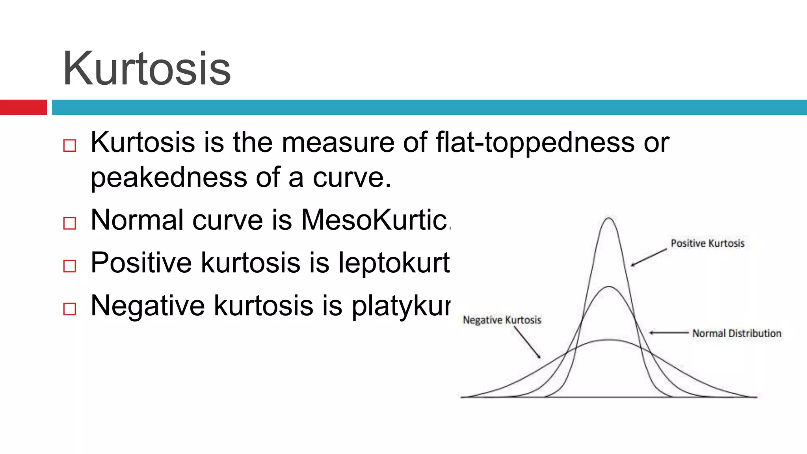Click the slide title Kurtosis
[x=147, y=69]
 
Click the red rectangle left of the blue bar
[x=23, y=107]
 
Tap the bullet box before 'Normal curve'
[x=70, y=223]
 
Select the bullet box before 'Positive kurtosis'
[x=70, y=266]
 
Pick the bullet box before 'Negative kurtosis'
[x=70, y=309]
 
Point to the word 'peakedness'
[x=169, y=178]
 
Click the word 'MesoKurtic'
[x=374, y=220]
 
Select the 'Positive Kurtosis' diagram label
[x=707, y=243]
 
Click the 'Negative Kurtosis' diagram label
[x=502, y=320]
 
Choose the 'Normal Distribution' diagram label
[x=736, y=333]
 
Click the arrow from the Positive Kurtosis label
[x=649, y=257]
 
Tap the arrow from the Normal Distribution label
[x=669, y=333]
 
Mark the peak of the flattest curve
[x=609, y=340]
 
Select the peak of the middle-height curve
[x=609, y=287]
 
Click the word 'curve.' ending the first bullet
[x=351, y=178]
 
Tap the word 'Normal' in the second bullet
[x=137, y=220]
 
